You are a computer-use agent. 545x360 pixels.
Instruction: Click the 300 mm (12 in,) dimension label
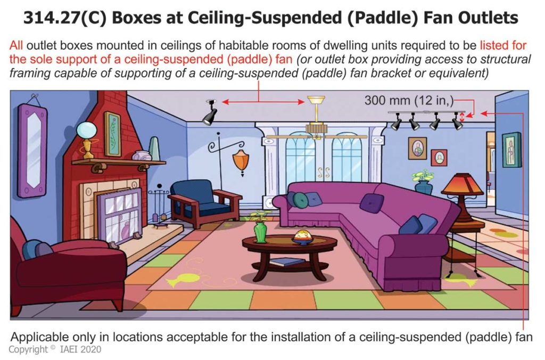pyautogui.click(x=409, y=100)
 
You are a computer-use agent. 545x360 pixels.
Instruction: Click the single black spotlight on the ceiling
pyautogui.click(x=209, y=113)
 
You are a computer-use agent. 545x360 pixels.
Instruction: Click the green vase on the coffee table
pyautogui.click(x=260, y=232)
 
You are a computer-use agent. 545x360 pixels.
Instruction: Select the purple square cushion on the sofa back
pyautogui.click(x=371, y=203)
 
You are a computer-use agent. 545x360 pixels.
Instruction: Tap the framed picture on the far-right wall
pyautogui.click(x=511, y=150)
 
